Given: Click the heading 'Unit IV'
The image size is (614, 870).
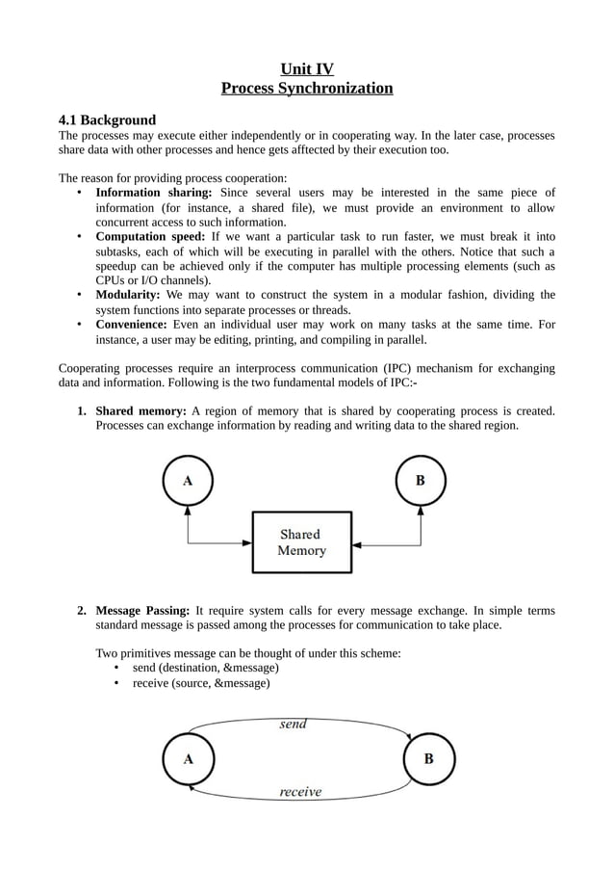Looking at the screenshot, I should [306, 68].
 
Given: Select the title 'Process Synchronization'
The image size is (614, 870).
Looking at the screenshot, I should [306, 89].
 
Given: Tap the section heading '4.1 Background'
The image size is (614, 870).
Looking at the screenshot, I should [107, 120].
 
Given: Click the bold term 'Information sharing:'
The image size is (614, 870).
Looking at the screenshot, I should [154, 193].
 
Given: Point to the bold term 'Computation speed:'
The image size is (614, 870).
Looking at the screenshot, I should [150, 237].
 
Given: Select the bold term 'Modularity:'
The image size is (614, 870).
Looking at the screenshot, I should [128, 295].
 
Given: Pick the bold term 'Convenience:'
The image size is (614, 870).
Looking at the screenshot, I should [134, 325].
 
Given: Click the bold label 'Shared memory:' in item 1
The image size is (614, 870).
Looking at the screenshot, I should [141, 411].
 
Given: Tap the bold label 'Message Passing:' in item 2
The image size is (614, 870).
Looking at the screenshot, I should [142, 611].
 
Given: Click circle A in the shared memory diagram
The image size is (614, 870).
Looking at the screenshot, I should [187, 481].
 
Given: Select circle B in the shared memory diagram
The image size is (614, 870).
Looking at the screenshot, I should [421, 481].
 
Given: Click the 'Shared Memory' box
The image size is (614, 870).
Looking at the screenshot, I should [301, 542].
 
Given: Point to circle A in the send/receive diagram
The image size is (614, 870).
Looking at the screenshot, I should [188, 758].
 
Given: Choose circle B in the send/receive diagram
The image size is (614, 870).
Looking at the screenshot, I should [428, 758].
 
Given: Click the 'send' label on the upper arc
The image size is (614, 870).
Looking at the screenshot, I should [294, 725].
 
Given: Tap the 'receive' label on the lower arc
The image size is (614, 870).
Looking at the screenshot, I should [300, 792].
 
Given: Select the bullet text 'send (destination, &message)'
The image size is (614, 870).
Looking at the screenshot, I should [205, 668].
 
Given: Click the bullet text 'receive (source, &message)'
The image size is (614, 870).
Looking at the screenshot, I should [200, 683].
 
